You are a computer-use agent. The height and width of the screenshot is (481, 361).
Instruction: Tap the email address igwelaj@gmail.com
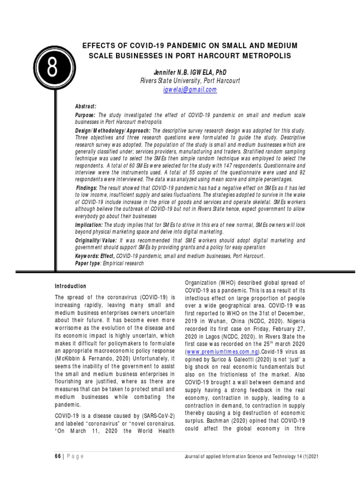point(190,89)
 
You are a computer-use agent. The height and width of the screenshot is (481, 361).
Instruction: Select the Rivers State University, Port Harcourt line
point(190,80)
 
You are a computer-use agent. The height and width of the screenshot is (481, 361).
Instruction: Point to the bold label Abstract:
point(86,107)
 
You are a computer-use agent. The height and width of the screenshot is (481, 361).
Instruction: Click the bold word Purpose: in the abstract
point(86,115)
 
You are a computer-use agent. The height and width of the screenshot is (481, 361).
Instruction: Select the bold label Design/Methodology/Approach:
point(113,130)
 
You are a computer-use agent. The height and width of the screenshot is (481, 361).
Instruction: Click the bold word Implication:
point(89,225)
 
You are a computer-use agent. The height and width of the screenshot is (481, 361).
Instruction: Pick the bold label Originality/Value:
point(97,240)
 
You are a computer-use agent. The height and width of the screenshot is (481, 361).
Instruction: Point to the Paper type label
point(88,264)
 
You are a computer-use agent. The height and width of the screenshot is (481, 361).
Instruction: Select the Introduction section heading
point(71,286)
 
